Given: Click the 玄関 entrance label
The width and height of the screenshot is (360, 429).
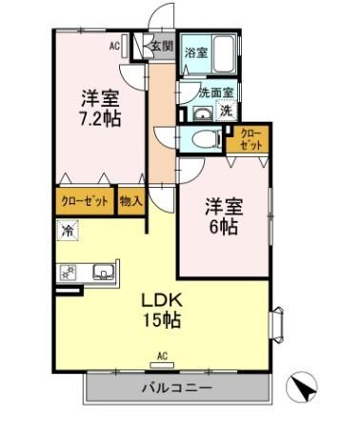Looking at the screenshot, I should coord(161,46).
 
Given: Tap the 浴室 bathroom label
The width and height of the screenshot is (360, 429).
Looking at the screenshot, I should coord(195,52).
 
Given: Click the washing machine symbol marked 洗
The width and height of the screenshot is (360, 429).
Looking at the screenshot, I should coord(226,111).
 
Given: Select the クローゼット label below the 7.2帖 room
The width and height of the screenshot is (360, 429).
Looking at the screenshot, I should coord(83,202).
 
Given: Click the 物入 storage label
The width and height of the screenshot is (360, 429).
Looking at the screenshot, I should coord(130,202).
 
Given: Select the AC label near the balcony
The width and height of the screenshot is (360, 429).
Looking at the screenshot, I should coord(161,356).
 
